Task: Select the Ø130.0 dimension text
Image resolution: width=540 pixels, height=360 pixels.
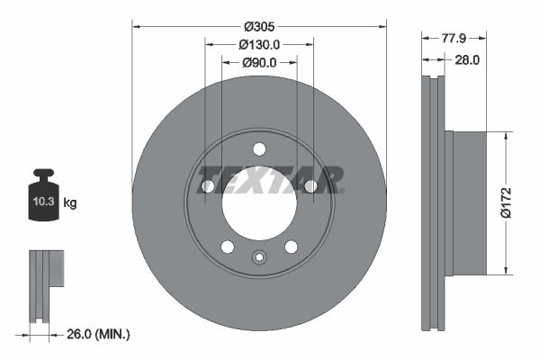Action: pyautogui.click(x=259, y=44)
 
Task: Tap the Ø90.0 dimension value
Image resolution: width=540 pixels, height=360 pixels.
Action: pyautogui.click(x=259, y=62)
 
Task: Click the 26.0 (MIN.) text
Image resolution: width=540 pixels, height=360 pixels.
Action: pyautogui.click(x=99, y=334)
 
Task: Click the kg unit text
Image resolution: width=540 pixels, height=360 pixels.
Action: pyautogui.click(x=70, y=203)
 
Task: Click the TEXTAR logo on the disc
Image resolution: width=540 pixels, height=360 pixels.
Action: pyautogui.click(x=269, y=180)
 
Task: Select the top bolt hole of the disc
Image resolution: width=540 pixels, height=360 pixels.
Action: pyautogui.click(x=259, y=149)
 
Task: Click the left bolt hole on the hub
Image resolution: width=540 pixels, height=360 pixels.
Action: pyautogui.click(x=208, y=186)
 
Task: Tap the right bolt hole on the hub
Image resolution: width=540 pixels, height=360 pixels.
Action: pyautogui.click(x=310, y=186)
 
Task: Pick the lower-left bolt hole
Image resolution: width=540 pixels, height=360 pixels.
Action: pyautogui.click(x=228, y=247)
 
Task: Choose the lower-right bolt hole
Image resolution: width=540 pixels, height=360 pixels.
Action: pyautogui.click(x=291, y=247)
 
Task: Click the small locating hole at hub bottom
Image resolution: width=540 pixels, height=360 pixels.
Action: pyautogui.click(x=259, y=258)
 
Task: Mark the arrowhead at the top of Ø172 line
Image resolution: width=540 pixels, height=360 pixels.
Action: pyautogui.click(x=507, y=136)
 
